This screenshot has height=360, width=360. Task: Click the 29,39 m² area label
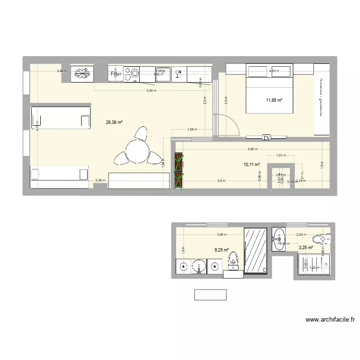pos(114,122)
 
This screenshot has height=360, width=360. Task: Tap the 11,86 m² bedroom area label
pos(274,100)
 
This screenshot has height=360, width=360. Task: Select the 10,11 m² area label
pos(252,165)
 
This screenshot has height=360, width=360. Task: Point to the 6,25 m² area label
pos(221,250)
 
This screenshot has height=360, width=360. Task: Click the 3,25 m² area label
pos(306,248)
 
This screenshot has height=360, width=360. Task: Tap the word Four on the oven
pos(116,74)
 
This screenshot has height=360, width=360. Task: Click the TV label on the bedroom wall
pos(267,138)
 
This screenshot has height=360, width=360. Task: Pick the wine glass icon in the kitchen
pos(178,73)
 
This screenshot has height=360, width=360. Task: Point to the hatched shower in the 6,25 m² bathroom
pos(256,250)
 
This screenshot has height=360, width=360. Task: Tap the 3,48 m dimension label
pos(221,235)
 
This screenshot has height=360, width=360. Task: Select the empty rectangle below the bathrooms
pos(210,295)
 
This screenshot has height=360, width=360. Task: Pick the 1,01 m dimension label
pos(281,156)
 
